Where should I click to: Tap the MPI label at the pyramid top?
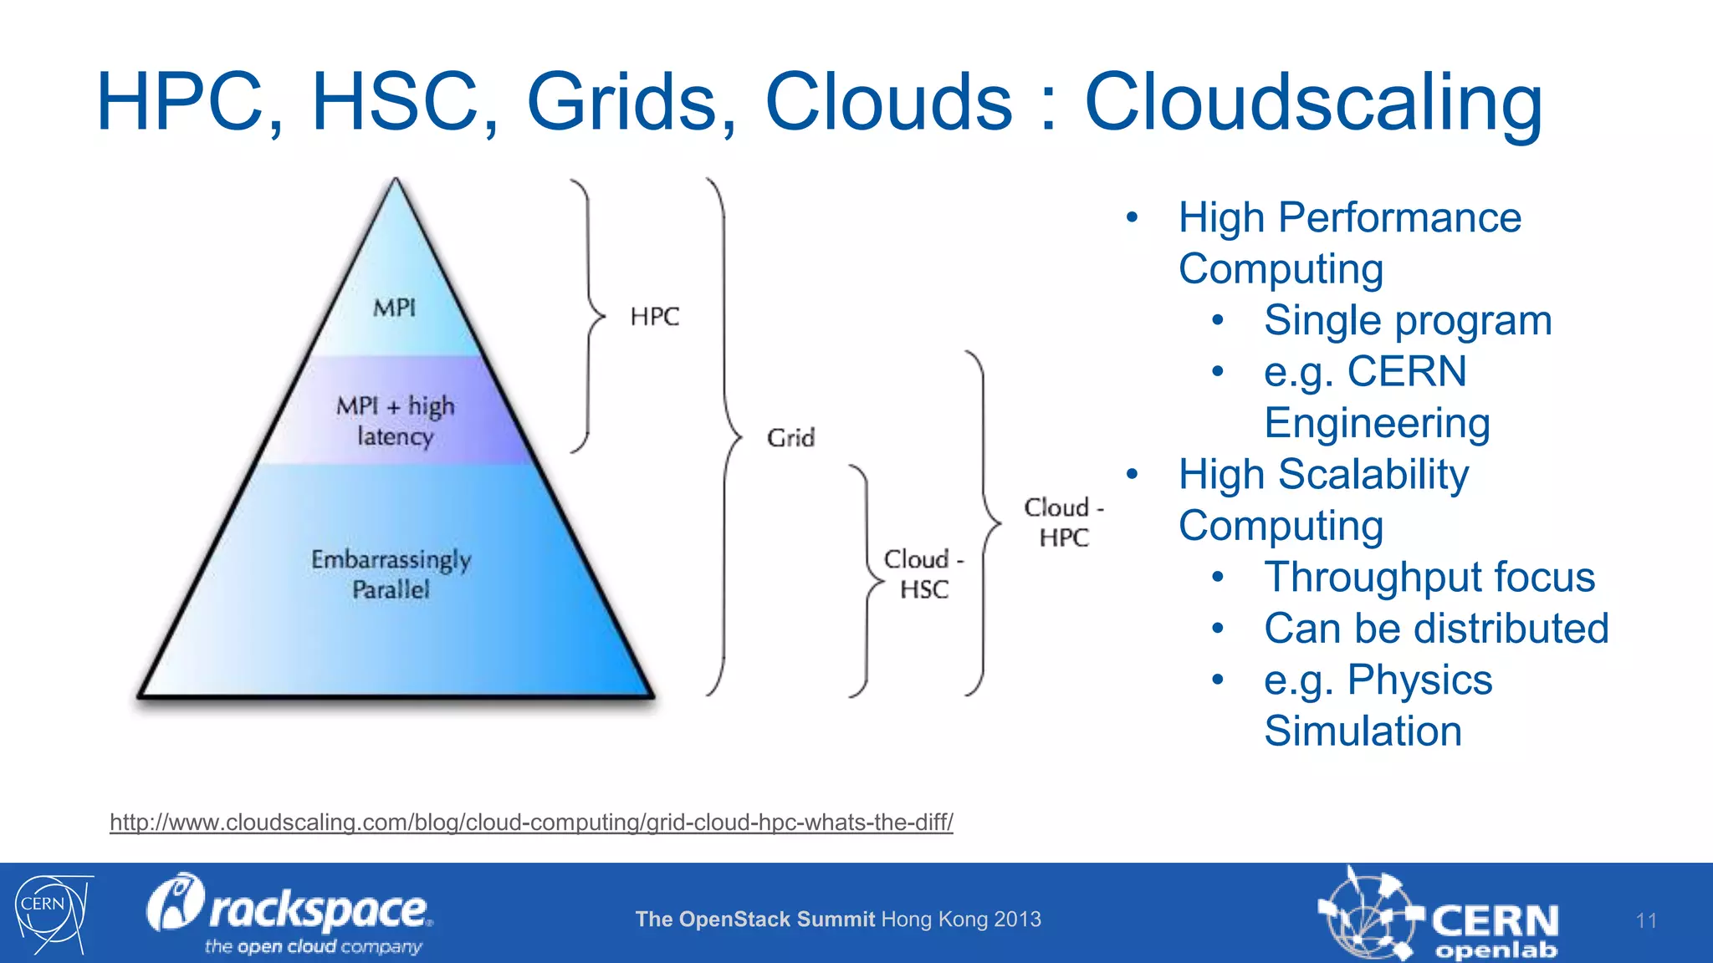394,308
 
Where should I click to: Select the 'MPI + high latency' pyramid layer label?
396,420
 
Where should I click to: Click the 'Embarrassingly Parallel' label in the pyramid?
391,574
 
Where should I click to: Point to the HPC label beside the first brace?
654,317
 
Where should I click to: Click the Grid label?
790,438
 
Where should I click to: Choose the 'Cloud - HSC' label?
923,574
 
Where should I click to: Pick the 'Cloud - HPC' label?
1064,522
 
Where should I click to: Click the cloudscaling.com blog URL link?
531,823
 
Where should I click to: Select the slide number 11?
1646,921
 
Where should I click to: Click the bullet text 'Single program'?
1408,321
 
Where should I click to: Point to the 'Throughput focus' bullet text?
1429,578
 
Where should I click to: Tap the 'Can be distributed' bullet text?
1436,629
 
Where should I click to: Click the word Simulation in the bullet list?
1363,731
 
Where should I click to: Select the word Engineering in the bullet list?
1377,423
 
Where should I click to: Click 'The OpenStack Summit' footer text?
754,920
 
